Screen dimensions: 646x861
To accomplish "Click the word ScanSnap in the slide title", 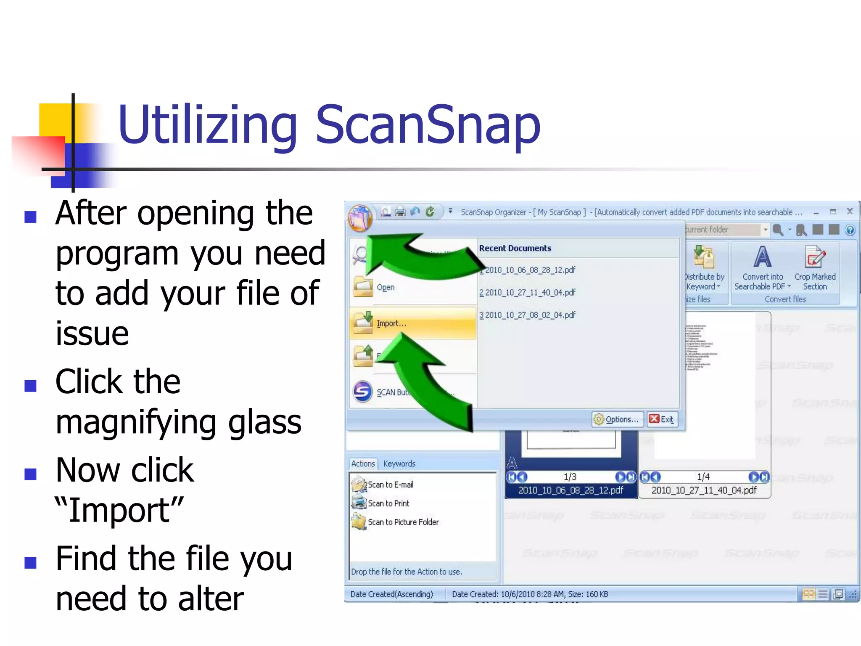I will [428, 125].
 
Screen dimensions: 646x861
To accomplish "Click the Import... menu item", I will [391, 323].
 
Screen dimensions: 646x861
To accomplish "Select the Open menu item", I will [386, 288].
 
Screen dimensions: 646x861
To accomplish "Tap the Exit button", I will [663, 419].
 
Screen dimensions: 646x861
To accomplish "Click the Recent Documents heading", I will [515, 248].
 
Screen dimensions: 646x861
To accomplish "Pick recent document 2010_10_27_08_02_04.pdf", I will [530, 315].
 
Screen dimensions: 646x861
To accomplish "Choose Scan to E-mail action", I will [390, 484].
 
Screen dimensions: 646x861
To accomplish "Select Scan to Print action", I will [388, 503].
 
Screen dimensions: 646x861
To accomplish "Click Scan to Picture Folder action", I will [403, 522].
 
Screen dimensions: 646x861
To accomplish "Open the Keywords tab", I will [399, 463].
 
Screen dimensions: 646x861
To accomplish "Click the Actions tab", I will [363, 463].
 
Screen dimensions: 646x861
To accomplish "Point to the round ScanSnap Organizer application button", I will [360, 217].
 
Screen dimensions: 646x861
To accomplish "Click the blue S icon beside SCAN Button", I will [362, 392].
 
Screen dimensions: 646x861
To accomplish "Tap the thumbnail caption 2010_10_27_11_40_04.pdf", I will [704, 490].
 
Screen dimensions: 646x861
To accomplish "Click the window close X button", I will [850, 212].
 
